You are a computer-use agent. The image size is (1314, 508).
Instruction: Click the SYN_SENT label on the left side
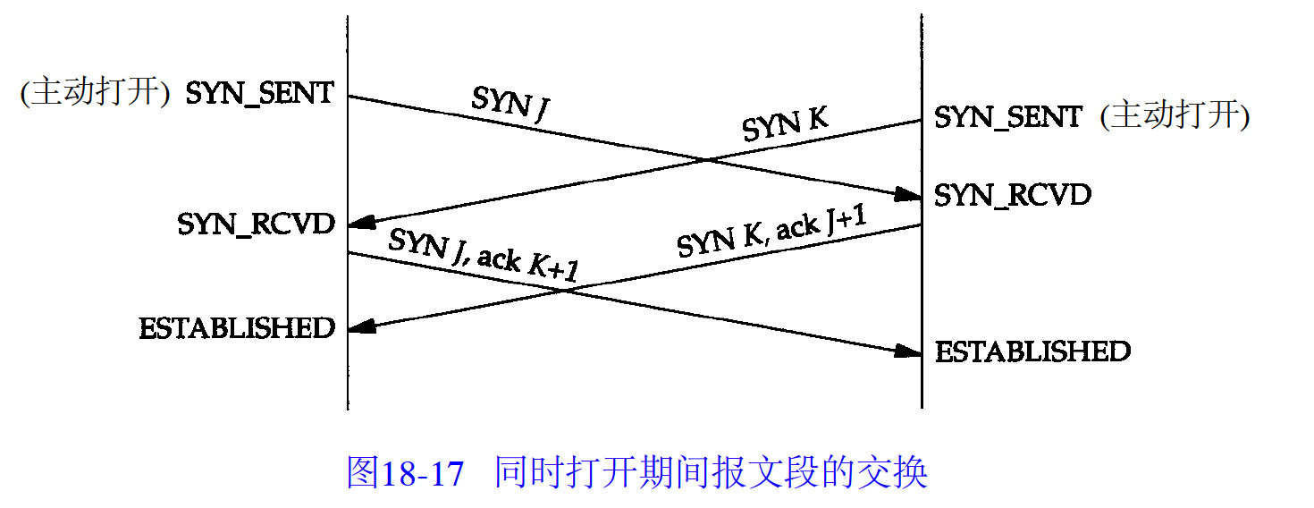coord(259,93)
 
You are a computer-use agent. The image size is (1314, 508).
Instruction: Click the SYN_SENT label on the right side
coord(1007,117)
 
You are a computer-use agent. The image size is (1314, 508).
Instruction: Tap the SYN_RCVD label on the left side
coord(256,224)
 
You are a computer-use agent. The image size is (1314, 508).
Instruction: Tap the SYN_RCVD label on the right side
coord(1013,195)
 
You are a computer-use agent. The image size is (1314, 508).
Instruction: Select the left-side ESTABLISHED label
coord(237,328)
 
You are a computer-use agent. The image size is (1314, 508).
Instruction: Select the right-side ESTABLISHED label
coord(1032,351)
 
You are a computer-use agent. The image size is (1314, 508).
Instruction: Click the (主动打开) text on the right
coord(1175,116)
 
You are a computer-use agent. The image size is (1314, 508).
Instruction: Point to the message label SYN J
coord(511,103)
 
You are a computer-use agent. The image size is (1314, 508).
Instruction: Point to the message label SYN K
coord(785,127)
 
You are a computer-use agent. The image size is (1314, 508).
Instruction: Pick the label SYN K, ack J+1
coord(772,234)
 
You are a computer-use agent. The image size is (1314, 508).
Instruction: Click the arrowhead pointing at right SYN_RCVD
coord(911,195)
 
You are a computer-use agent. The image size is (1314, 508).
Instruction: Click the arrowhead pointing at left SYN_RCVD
coord(358,224)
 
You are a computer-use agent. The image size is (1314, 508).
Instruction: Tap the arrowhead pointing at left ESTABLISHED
coord(358,329)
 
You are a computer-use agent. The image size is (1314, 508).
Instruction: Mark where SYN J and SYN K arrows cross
coord(707,161)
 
